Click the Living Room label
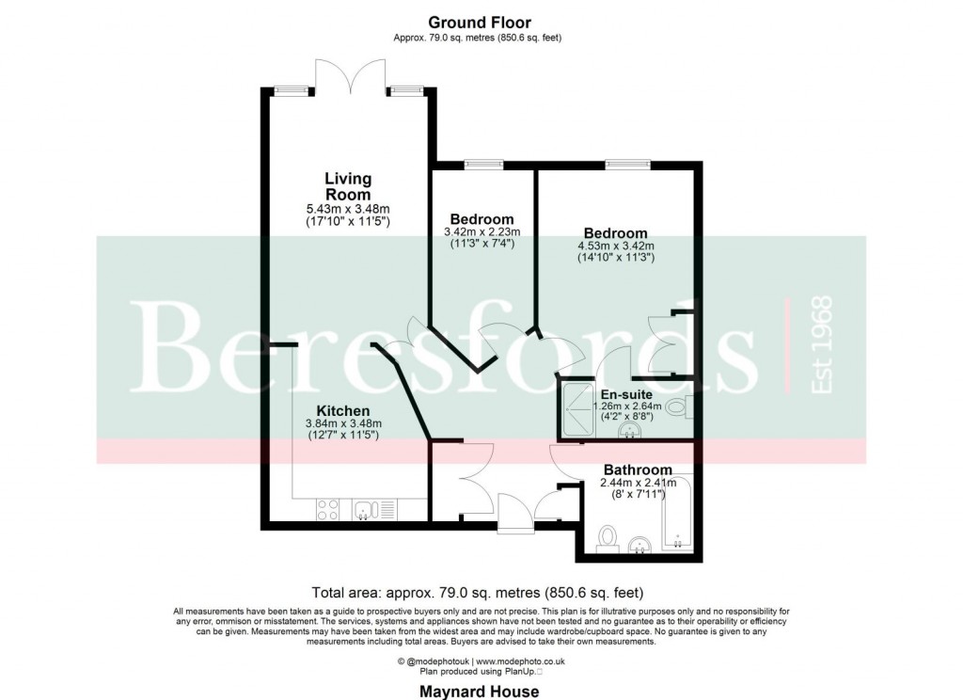click(x=348, y=185)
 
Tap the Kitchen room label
click(x=342, y=411)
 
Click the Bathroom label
click(x=637, y=469)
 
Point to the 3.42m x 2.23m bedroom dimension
click(x=481, y=231)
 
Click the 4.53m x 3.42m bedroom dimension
click(x=615, y=247)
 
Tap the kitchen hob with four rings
click(x=328, y=509)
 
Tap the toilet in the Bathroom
click(x=607, y=538)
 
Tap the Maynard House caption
click(x=480, y=692)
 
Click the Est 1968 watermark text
click(x=821, y=345)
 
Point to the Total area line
click(x=477, y=593)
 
